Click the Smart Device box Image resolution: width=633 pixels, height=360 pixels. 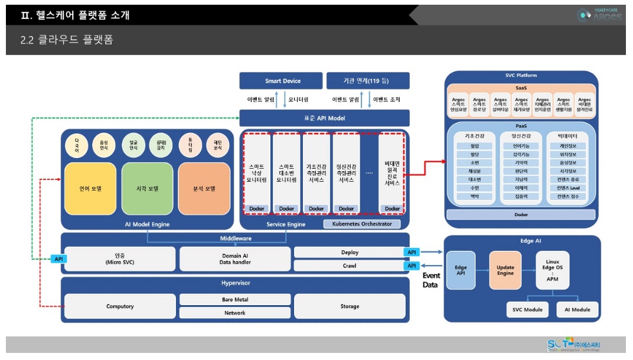pos(282,81)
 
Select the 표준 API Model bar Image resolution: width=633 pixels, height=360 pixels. pos(324,118)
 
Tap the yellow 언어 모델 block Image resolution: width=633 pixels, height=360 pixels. pos(90,189)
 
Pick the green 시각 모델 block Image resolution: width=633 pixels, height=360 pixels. pos(147,189)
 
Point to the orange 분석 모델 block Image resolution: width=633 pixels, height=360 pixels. pos(204,189)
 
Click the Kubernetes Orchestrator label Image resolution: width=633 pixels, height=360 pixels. pos(361,224)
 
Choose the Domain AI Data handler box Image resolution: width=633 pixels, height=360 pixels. pos(235,258)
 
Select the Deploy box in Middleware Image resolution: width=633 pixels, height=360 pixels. pos(350,253)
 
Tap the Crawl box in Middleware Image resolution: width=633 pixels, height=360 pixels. pos(350,266)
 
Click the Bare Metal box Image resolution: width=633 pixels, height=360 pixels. pos(235,300)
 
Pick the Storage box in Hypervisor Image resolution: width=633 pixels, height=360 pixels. pos(350,306)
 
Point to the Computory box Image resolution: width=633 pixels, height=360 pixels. pos(120,306)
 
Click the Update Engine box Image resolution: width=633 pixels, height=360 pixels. pos(505,271)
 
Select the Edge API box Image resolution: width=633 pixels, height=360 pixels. pos(461,271)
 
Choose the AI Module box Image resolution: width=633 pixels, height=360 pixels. pos(577,310)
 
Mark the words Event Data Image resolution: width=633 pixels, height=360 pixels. pos(430,280)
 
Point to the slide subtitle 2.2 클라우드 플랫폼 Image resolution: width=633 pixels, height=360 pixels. pos(67,40)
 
